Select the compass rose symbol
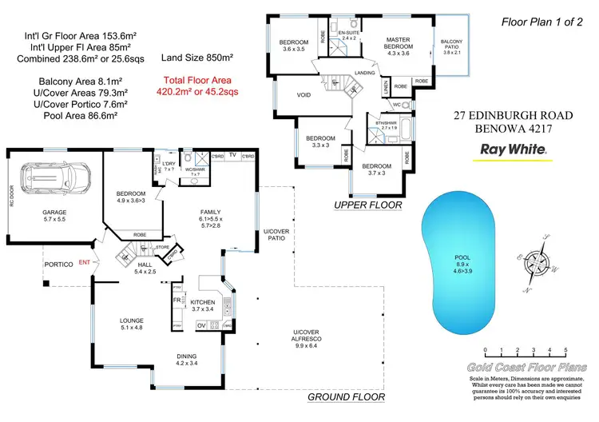[535, 260]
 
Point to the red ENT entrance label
[84, 263]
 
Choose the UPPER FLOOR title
[367, 205]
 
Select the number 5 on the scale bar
[565, 351]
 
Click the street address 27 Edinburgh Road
[511, 116]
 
